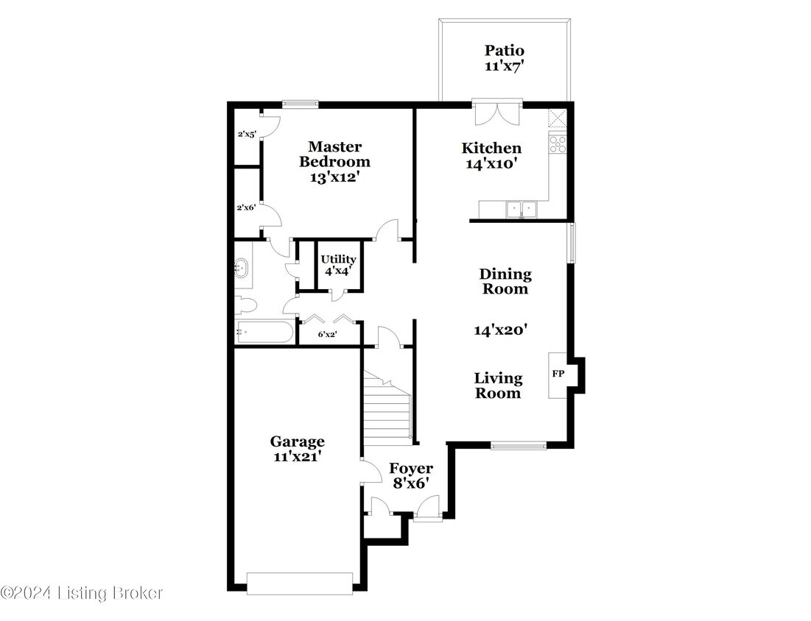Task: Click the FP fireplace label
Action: [558, 374]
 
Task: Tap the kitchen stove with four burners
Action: [558, 143]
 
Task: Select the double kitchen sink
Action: [522, 210]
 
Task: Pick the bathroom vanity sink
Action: [242, 268]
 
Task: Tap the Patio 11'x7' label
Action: [504, 58]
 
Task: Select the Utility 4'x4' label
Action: [338, 265]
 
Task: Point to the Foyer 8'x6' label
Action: [410, 476]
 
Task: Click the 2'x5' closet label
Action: [246, 135]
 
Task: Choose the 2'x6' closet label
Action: [246, 208]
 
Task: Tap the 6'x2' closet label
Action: [328, 334]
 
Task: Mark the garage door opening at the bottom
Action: [300, 583]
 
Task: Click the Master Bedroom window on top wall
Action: [300, 104]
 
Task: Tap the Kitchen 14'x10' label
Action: [491, 156]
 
